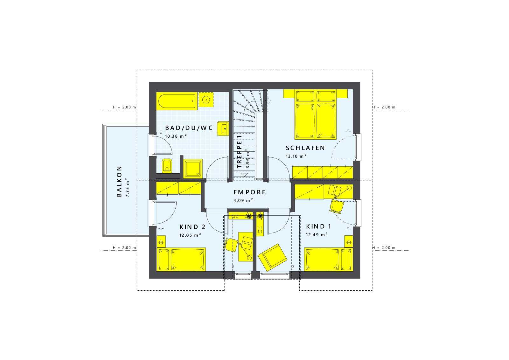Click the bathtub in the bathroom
coord(177,101)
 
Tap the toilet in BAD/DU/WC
coord(167,166)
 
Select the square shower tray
coord(193,169)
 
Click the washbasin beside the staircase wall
coord(223,128)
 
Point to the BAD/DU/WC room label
coord(189,128)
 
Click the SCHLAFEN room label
coord(305,148)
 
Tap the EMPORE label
coord(249,192)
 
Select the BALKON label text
coord(119,181)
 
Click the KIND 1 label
coord(318,226)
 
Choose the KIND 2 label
coord(192,227)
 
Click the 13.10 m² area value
coord(296,156)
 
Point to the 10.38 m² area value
coord(176,136)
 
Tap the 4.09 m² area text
coord(243,200)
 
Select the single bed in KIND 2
coord(181,260)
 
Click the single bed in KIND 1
coord(329,260)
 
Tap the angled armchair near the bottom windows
coord(272,258)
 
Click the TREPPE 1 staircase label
coord(239,151)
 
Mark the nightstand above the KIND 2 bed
coord(161,242)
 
